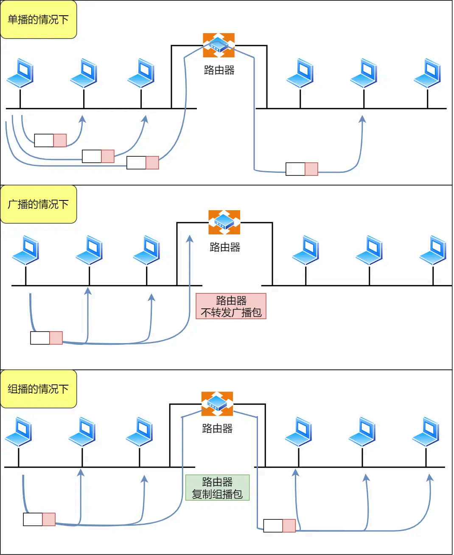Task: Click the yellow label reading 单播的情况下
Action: pos(39,20)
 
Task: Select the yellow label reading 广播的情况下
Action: pos(39,204)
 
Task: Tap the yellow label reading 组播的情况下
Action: pos(39,389)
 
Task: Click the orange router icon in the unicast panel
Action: pos(219,45)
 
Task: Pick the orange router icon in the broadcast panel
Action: pos(224,222)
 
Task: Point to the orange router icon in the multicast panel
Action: pos(217,403)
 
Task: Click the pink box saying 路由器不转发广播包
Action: pos(231,306)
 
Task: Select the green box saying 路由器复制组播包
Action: pos(217,487)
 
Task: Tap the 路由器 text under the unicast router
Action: pos(219,70)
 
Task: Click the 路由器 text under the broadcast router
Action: pos(225,247)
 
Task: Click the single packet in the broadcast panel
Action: pos(47,338)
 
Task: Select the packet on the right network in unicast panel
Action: pos(302,169)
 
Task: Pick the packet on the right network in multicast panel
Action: pos(279,526)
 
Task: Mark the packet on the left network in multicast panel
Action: pos(39,519)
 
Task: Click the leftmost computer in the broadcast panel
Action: pos(26,250)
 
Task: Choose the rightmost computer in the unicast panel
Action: pos(428,73)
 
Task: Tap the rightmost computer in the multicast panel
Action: pos(426,431)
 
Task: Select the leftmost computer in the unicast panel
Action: pos(20,73)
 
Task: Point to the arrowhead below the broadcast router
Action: pos(190,239)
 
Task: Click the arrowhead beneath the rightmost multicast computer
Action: pos(430,478)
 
